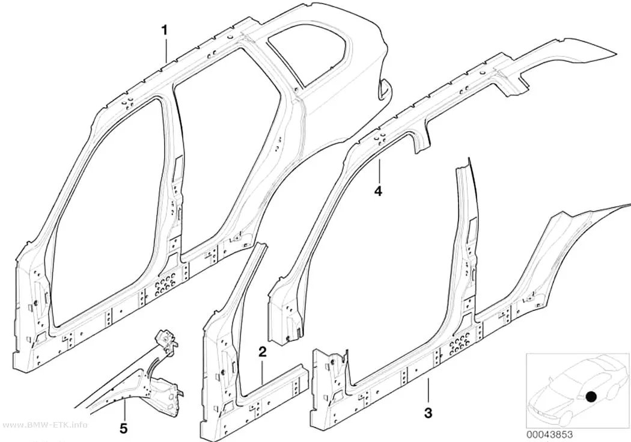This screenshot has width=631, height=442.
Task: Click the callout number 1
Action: (x=165, y=30)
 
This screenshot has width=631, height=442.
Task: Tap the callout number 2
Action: (x=262, y=352)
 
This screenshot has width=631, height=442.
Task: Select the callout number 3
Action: (x=428, y=413)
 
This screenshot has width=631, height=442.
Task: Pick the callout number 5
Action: (x=124, y=428)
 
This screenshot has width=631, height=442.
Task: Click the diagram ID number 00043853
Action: (x=549, y=435)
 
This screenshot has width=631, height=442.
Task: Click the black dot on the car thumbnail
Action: (x=591, y=397)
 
